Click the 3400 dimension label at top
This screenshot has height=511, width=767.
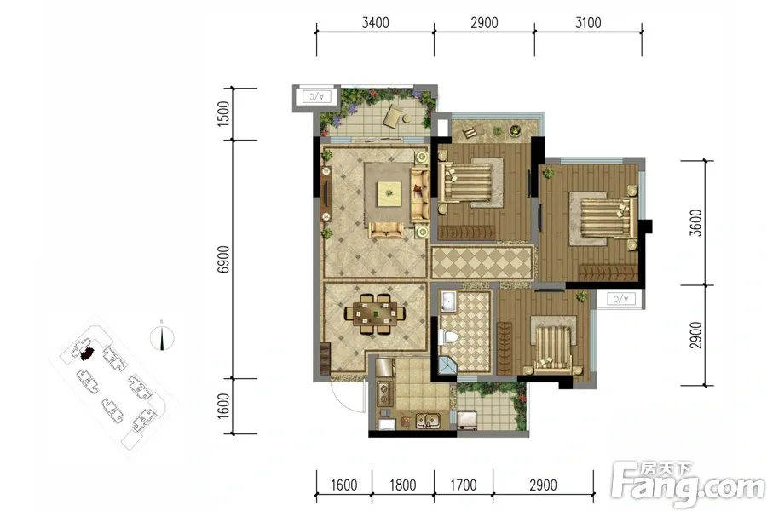point(375,22)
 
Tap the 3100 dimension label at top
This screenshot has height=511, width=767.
point(588,22)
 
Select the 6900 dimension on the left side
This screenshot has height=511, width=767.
point(223,259)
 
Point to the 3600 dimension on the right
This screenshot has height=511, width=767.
point(695,222)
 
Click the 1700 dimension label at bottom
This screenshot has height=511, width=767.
point(464,485)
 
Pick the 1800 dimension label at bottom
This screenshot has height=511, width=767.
point(402,485)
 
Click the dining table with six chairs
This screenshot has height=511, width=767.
point(375,313)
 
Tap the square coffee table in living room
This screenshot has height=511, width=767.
point(389,193)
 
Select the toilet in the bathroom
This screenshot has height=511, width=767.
point(448,337)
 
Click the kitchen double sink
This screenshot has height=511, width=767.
point(428,420)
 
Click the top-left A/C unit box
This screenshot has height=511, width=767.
point(316,96)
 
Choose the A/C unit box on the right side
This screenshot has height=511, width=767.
point(620,298)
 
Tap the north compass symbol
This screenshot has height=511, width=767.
point(162,337)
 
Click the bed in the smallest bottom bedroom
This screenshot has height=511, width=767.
point(553,348)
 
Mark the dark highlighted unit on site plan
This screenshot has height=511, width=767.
point(87,353)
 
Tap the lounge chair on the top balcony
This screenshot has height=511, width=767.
point(392,117)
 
